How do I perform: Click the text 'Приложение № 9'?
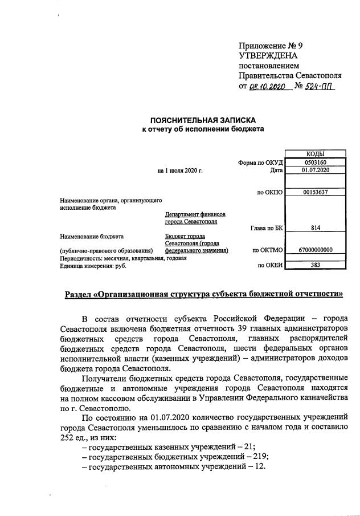tap(270, 46)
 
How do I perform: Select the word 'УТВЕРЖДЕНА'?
tap(268, 56)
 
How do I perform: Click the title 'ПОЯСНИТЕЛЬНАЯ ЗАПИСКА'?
tap(203, 121)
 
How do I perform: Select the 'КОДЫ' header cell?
tap(315, 154)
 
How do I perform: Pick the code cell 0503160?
tap(315, 162)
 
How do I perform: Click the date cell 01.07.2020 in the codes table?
tap(315, 170)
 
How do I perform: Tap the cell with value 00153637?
tap(315, 192)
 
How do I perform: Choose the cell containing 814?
tap(315, 228)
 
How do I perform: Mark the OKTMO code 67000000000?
tap(315, 250)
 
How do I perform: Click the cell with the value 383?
tap(315, 265)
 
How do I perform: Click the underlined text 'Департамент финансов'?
tap(195, 214)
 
